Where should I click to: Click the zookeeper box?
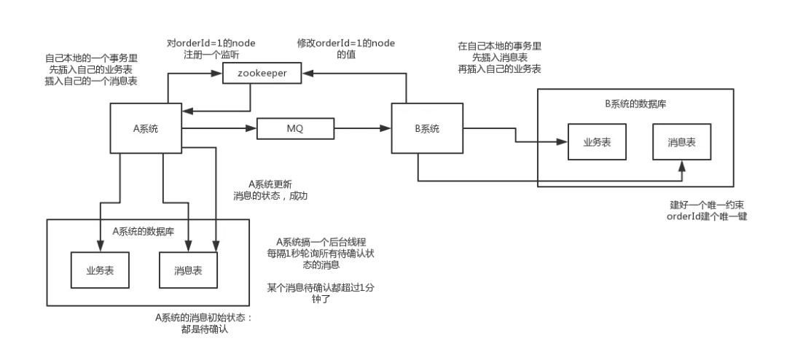pyautogui.click(x=262, y=74)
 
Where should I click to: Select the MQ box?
pyautogui.click(x=295, y=128)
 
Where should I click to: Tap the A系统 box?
pyautogui.click(x=146, y=128)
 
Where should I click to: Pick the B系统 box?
pyautogui.click(x=427, y=128)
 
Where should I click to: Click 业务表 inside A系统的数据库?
pyautogui.click(x=100, y=270)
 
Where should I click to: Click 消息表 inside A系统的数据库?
pyautogui.click(x=188, y=270)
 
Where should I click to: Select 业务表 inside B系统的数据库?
pyautogui.click(x=597, y=141)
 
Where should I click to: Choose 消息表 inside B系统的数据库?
pyautogui.click(x=681, y=141)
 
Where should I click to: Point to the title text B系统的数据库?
pyautogui.click(x=635, y=104)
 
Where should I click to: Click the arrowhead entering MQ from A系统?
pyautogui.click(x=252, y=128)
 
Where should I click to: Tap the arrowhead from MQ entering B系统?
pyautogui.click(x=386, y=128)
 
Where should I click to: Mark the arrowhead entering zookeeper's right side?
pyautogui.click(x=306, y=74)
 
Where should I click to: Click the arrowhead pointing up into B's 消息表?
pyautogui.click(x=681, y=165)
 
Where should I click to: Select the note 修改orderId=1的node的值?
pyautogui.click(x=346, y=49)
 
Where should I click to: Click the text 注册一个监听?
pyautogui.click(x=206, y=55)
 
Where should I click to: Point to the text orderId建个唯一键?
pyautogui.click(x=707, y=217)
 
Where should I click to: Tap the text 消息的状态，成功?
pyautogui.click(x=270, y=196)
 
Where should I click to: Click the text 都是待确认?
pyautogui.click(x=205, y=330)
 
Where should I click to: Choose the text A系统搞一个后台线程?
pyautogui.click(x=321, y=242)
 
